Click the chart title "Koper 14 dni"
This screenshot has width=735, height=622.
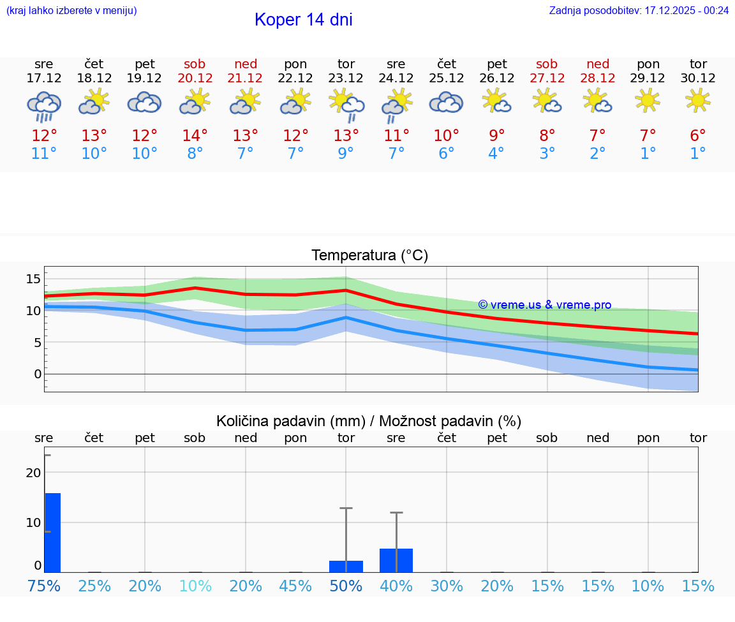click(x=303, y=20)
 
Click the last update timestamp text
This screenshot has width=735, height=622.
click(x=639, y=10)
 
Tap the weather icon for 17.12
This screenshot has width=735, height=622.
click(x=44, y=105)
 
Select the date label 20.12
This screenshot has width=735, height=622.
click(x=195, y=78)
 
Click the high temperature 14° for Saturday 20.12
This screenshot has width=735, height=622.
click(x=195, y=136)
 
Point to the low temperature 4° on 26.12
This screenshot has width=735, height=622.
click(x=496, y=154)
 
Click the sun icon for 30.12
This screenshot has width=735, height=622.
click(x=698, y=100)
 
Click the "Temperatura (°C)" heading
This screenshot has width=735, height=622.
click(x=369, y=256)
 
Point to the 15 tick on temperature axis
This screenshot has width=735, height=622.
click(x=33, y=279)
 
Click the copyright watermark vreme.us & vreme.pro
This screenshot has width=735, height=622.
click(x=544, y=305)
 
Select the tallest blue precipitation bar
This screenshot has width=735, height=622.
click(x=52, y=532)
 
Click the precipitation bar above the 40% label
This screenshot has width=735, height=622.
click(x=396, y=560)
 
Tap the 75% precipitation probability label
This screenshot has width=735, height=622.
click(x=44, y=586)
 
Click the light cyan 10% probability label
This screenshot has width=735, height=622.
click(x=195, y=586)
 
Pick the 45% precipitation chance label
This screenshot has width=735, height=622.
click(x=295, y=586)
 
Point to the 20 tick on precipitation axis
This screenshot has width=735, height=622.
click(x=33, y=473)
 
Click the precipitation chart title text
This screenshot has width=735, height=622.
click(x=369, y=421)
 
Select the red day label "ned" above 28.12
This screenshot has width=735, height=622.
click(x=597, y=64)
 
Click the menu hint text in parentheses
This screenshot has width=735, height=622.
click(x=71, y=10)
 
